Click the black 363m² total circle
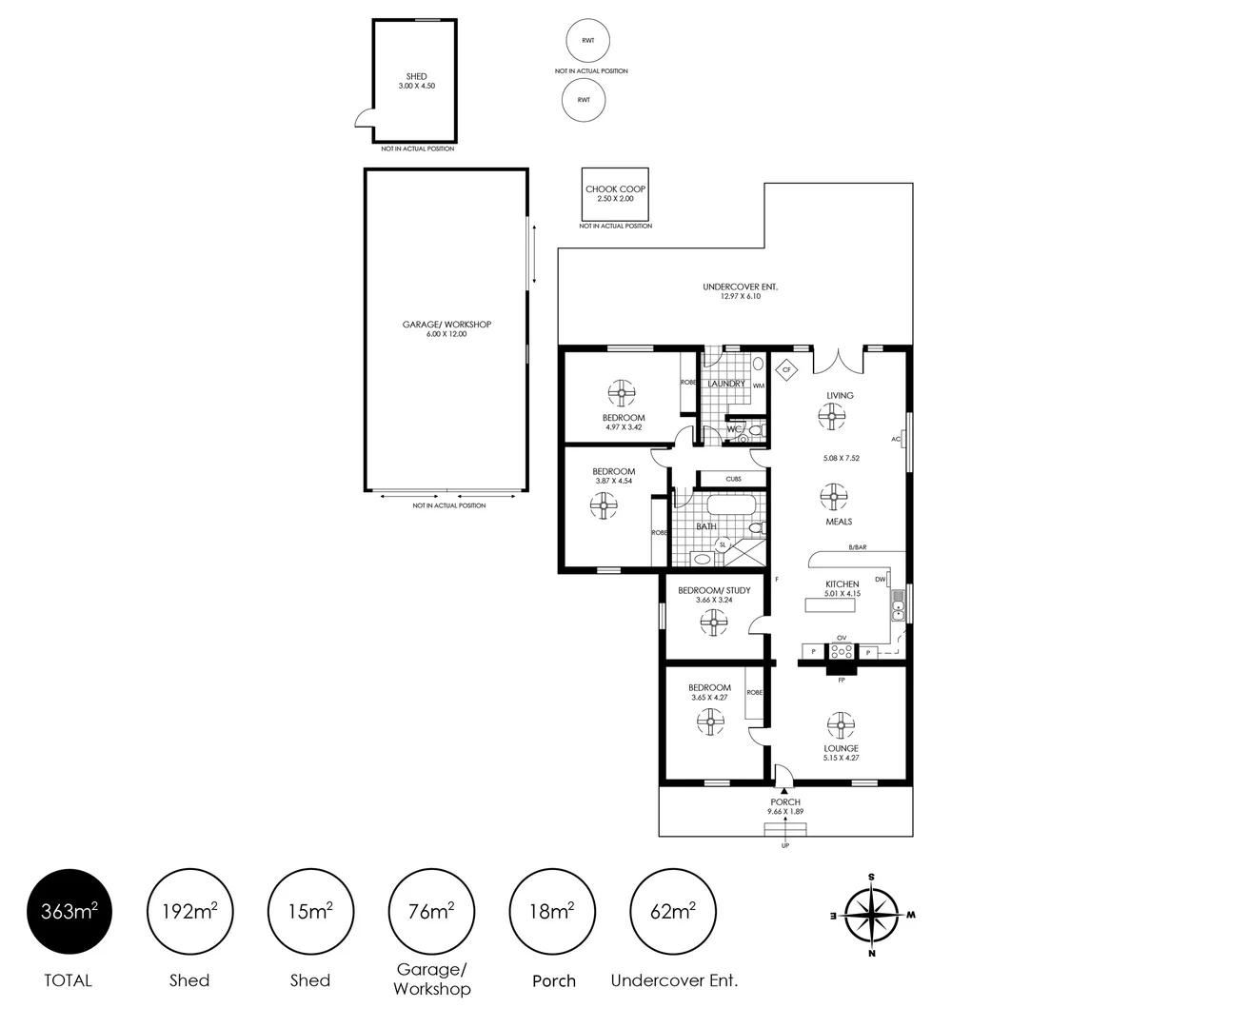point(69,912)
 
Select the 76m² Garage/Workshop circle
point(430,912)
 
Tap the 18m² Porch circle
point(552,912)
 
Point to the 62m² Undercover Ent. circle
point(673,912)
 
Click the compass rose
point(871,915)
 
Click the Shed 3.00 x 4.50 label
point(416,81)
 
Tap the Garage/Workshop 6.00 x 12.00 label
point(446,329)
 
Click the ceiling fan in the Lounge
point(840,725)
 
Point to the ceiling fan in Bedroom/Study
point(713,623)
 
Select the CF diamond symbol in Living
point(786,369)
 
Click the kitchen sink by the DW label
point(897,605)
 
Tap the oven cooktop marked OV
point(841,652)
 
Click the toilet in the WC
point(755,431)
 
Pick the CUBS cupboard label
point(733,479)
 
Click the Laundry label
point(726,384)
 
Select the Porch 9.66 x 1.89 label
point(785,806)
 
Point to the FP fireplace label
point(841,680)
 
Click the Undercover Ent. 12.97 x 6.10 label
point(733,291)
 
